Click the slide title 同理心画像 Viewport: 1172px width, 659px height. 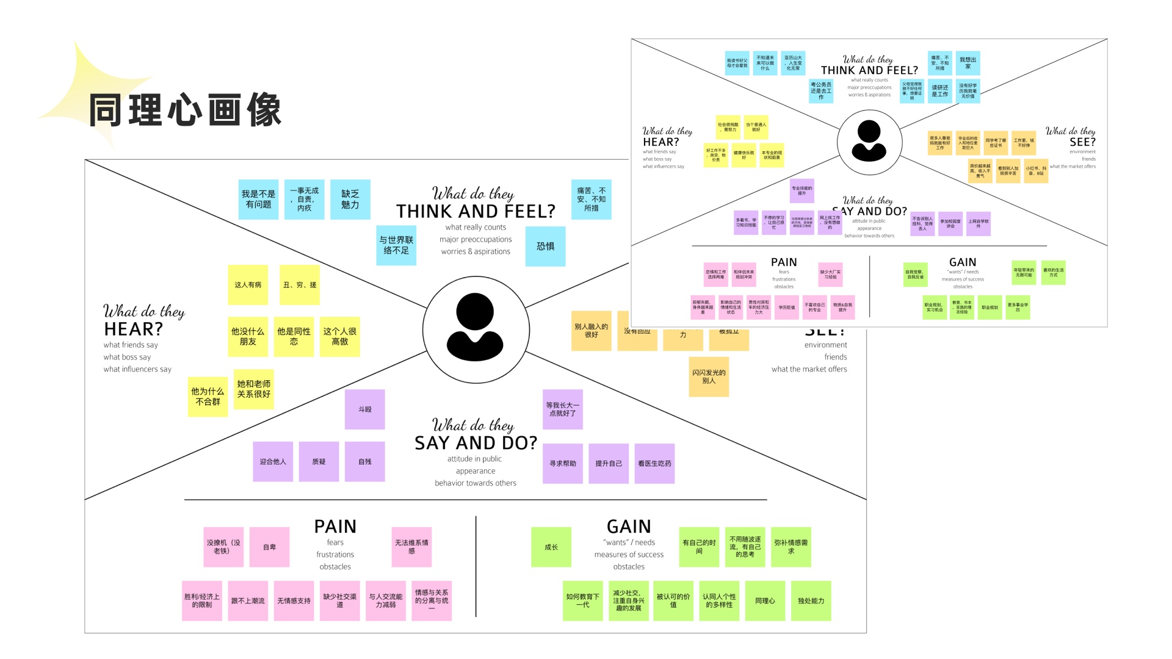click(185, 110)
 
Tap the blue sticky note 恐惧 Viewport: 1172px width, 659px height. click(545, 247)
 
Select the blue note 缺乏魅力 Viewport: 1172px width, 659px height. click(350, 200)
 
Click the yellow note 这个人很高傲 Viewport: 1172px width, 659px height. click(339, 336)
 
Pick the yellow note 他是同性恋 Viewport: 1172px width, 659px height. click(294, 336)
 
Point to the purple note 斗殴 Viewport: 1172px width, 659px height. click(364, 409)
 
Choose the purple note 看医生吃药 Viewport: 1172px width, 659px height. click(654, 464)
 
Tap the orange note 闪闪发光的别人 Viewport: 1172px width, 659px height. click(709, 377)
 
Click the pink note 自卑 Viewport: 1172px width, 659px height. click(269, 547)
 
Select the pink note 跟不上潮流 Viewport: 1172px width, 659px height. click(248, 601)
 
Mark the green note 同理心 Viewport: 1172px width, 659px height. click(765, 601)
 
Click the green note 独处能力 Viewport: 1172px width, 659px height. click(811, 601)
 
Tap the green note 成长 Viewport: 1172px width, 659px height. click(551, 547)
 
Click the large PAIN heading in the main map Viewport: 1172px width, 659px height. click(335, 526)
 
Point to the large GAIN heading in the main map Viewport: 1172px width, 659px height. click(629, 526)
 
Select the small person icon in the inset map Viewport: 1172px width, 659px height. click(869, 142)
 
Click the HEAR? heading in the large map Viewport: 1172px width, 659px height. click(133, 329)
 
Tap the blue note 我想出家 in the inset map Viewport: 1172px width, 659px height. click(968, 63)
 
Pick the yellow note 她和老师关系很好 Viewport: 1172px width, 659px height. click(253, 389)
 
